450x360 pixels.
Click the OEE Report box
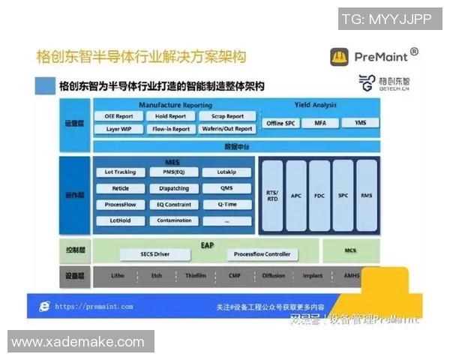click(119, 116)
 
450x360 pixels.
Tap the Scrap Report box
click(228, 116)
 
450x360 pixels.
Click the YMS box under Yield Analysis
click(361, 122)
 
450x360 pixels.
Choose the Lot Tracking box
click(119, 172)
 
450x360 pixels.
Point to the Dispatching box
click(174, 188)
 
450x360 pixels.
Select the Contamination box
click(174, 220)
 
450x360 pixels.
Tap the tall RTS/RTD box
click(272, 195)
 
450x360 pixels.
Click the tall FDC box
click(319, 195)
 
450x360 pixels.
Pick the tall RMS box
click(366, 195)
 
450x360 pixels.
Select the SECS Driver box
click(154, 254)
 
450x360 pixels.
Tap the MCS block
click(350, 249)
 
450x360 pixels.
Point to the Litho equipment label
click(118, 275)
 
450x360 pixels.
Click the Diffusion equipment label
click(273, 275)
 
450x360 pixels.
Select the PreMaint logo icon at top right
click(340, 57)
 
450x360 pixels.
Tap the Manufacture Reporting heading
click(175, 105)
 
